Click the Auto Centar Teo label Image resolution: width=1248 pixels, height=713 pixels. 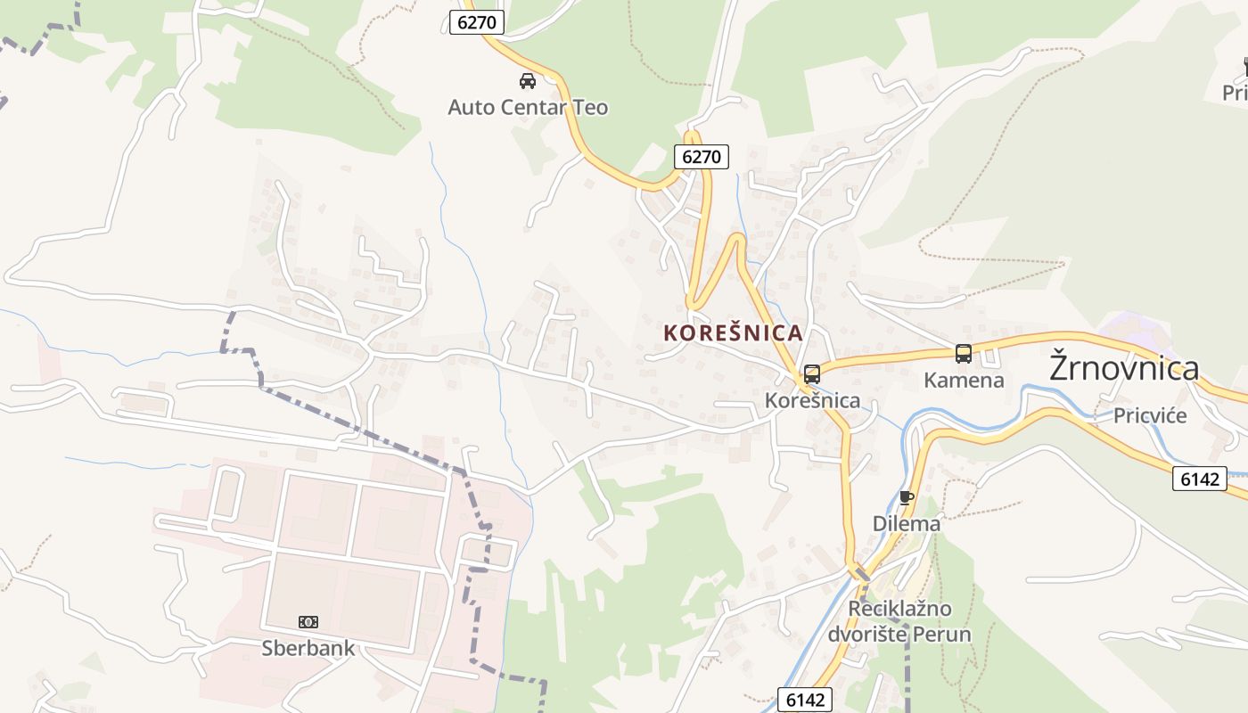click(x=528, y=108)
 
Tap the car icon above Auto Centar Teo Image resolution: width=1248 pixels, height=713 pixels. click(x=528, y=81)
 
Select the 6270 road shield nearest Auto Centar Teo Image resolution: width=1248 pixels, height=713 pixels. click(x=477, y=22)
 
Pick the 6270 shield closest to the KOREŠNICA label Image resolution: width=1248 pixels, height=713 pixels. click(x=701, y=157)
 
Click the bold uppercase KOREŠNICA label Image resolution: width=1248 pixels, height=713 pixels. click(x=733, y=333)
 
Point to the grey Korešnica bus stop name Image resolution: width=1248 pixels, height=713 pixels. click(x=812, y=401)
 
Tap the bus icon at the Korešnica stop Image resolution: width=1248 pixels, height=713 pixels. click(x=811, y=374)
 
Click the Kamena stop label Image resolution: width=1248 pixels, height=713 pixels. click(x=963, y=381)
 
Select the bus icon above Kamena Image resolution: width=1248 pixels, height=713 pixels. click(x=963, y=354)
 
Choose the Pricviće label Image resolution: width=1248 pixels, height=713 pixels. click(x=1150, y=415)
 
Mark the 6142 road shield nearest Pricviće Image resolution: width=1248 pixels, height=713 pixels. click(x=1199, y=479)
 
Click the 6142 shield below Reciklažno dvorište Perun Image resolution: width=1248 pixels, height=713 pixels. click(x=806, y=700)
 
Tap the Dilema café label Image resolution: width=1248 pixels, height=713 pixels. click(x=906, y=524)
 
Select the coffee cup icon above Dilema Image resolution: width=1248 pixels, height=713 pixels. click(x=907, y=497)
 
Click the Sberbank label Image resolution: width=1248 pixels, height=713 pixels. click(x=308, y=648)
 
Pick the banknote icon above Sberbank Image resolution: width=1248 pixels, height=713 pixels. click(x=308, y=622)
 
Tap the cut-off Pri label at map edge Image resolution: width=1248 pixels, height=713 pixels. click(x=1236, y=93)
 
